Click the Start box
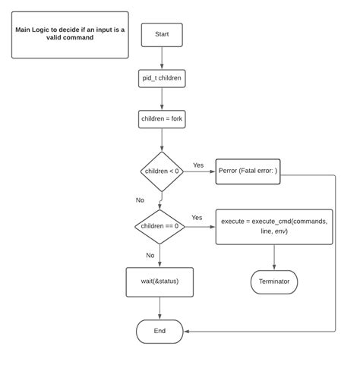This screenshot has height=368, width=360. coord(162,34)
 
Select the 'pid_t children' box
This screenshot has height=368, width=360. coord(162,78)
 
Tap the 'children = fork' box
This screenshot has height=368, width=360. coord(162,119)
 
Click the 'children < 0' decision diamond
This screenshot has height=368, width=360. coord(162,171)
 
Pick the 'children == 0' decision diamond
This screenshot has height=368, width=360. coord(159,226)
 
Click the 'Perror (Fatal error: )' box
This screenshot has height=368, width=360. coord(248,171)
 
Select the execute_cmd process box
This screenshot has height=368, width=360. coord(274,226)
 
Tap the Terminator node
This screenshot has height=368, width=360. coord(274,282)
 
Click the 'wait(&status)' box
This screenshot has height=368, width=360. coord(159,282)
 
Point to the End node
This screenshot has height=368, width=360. coord(159,331)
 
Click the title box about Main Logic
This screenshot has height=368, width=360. coord(70,34)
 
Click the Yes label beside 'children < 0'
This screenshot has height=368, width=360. coord(198,165)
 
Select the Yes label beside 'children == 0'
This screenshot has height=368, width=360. coord(197,218)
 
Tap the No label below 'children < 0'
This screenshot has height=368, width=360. coord(140,200)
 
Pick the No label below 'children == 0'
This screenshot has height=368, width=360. coord(150,256)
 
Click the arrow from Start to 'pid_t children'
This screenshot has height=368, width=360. coord(162,58)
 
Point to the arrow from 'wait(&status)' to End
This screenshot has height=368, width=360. coord(159,307)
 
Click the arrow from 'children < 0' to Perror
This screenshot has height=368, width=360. coord(199,171)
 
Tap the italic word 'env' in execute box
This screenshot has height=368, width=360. coord(280,231)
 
